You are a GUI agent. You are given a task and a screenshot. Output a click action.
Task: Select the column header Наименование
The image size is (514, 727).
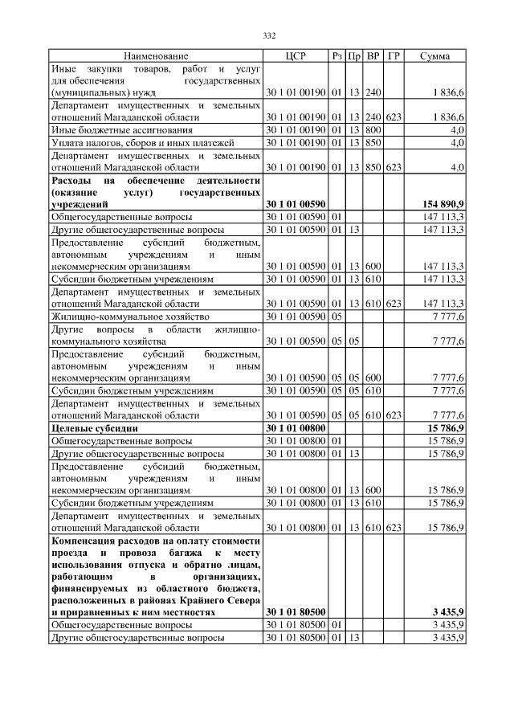click(156, 56)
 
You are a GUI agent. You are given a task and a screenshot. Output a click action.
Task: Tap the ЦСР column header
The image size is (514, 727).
click(296, 56)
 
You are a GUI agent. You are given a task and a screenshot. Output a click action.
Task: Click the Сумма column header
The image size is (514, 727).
click(434, 56)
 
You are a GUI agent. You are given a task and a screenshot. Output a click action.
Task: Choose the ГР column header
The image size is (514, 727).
click(393, 56)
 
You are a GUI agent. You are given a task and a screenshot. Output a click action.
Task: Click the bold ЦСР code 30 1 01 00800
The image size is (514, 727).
click(296, 429)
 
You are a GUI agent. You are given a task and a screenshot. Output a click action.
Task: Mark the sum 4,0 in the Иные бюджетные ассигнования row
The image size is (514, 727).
click(456, 129)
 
